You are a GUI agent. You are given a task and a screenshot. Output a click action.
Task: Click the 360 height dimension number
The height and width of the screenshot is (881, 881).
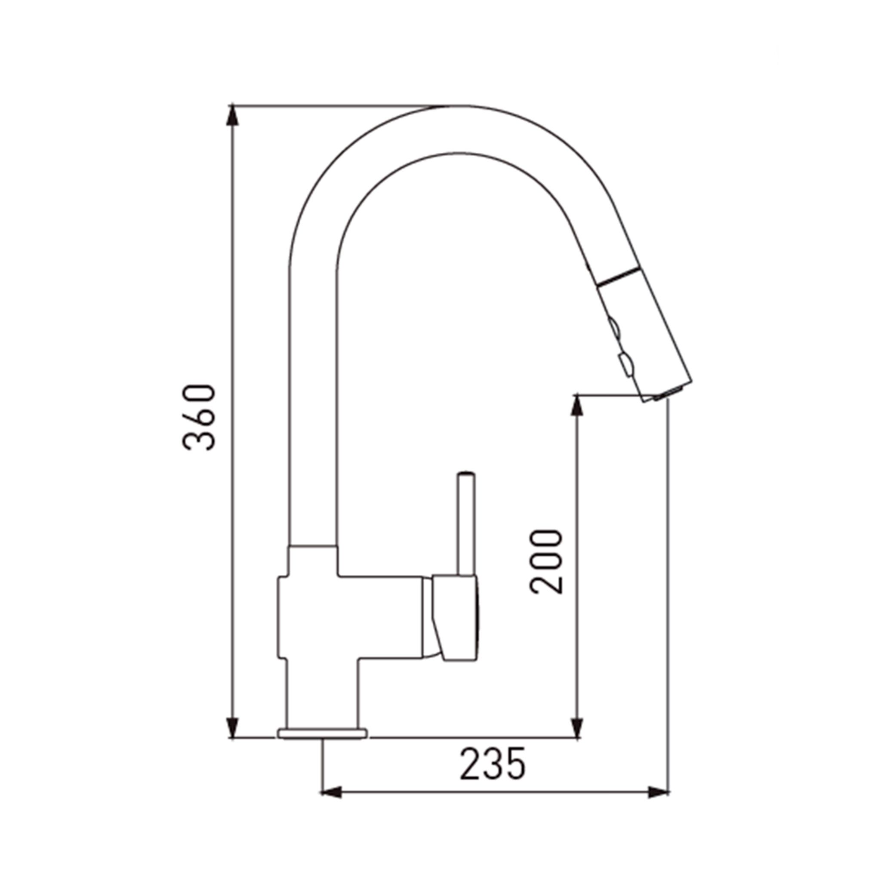pyautogui.click(x=198, y=418)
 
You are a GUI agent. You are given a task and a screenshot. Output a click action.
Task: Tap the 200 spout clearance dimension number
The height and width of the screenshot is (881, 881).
pyautogui.click(x=547, y=562)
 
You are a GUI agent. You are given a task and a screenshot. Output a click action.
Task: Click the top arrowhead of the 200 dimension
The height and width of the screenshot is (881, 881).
pyautogui.click(x=577, y=405)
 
